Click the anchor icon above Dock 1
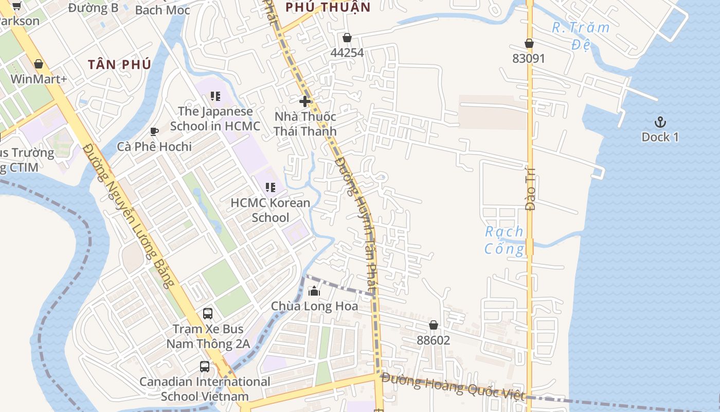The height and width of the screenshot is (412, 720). [x=660, y=122]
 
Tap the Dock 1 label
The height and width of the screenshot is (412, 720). [x=660, y=137]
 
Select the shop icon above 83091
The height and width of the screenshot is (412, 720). [x=529, y=44]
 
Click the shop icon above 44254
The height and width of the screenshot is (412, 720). [x=347, y=38]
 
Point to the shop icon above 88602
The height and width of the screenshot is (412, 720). [x=434, y=325]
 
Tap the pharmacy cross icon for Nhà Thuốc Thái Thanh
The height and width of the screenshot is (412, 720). [x=305, y=101]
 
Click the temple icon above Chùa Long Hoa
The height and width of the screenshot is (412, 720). [x=314, y=291]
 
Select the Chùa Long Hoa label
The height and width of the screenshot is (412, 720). [x=314, y=306]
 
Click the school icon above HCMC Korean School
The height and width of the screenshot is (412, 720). [x=270, y=187]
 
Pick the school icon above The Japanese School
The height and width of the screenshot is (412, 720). [x=215, y=96]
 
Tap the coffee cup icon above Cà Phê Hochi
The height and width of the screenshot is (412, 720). [x=154, y=132]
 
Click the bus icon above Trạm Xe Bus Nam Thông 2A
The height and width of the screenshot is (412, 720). [x=208, y=313]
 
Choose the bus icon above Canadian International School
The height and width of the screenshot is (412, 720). [x=205, y=367]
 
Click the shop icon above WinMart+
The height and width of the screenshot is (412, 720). [x=39, y=64]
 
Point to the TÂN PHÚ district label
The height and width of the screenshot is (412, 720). [x=119, y=64]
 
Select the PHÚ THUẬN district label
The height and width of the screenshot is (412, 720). [x=328, y=7]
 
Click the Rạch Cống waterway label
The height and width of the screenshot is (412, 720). [x=504, y=241]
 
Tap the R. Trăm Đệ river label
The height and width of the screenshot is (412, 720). [x=581, y=36]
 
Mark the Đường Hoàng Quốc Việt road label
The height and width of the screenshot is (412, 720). [x=453, y=386]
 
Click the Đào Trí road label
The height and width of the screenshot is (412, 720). [x=530, y=188]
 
